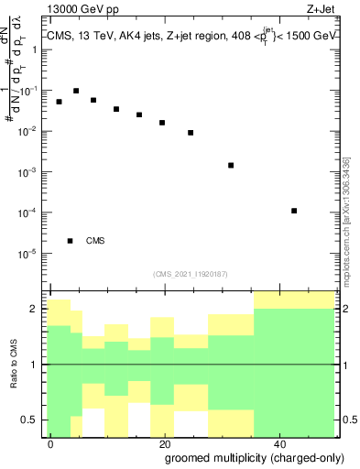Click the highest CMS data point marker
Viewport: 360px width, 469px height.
pos(76,91)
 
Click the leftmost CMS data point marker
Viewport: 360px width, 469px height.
pos(59,102)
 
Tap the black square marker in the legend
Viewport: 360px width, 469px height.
pos(70,241)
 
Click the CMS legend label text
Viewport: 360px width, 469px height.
pos(95,241)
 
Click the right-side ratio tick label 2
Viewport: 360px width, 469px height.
pos(348,309)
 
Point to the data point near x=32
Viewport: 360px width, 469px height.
pos(231,165)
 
